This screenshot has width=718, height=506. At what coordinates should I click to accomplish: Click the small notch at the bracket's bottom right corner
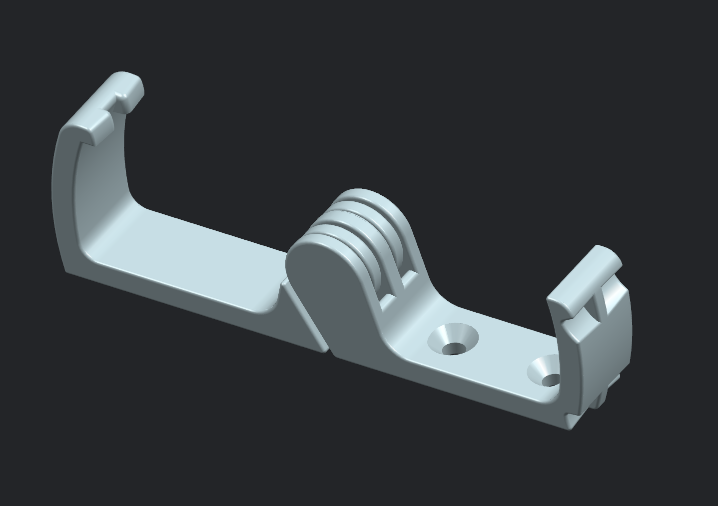568,415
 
